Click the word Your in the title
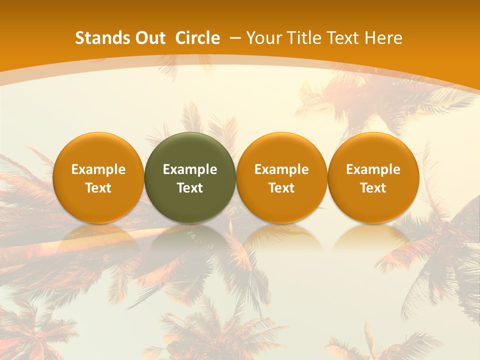[263, 38]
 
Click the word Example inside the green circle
[190, 169]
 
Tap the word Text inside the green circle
[190, 188]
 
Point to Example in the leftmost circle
[98, 169]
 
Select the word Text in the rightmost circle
[373, 188]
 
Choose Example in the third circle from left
[281, 169]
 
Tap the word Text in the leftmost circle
[98, 188]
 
